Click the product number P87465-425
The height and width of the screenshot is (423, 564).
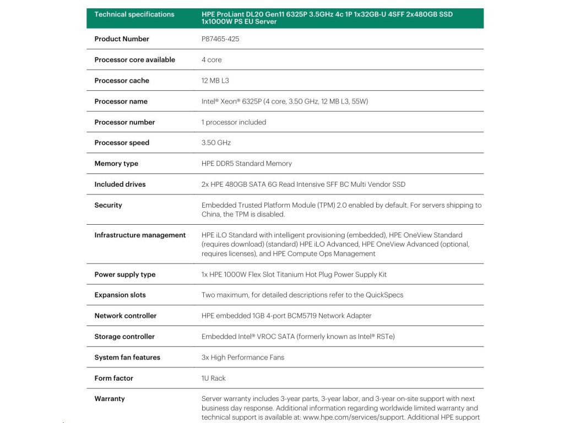[220, 39]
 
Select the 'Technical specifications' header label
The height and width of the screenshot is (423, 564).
[134, 14]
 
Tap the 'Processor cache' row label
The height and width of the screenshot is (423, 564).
[122, 80]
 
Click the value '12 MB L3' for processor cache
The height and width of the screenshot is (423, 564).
[215, 80]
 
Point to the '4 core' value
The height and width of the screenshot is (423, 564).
[211, 59]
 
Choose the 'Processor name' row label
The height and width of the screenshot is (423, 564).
[121, 101]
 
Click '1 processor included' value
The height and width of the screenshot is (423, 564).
[234, 122]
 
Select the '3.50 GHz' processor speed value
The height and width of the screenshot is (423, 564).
[216, 143]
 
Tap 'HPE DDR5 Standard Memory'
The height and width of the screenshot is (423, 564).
[246, 164]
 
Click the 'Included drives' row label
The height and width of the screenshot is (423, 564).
[120, 185]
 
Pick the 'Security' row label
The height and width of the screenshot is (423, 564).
[108, 205]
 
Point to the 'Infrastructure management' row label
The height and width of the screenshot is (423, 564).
[140, 235]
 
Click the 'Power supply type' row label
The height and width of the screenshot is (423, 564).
[124, 274]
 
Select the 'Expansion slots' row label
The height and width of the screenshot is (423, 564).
[120, 295]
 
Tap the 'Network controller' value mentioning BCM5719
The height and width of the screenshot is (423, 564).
[286, 316]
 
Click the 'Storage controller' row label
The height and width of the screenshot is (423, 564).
[124, 337]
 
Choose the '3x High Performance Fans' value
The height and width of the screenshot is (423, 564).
[243, 357]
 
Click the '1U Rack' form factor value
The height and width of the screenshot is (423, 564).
[214, 378]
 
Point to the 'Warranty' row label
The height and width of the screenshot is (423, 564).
[110, 399]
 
